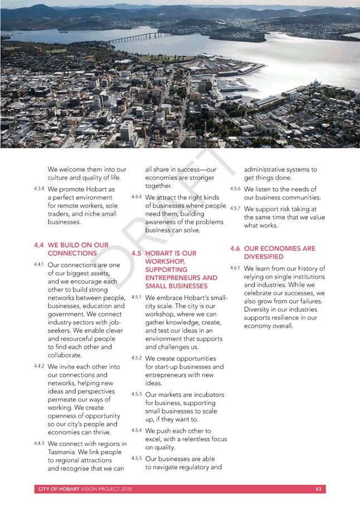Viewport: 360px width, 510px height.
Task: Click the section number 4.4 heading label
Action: point(38,245)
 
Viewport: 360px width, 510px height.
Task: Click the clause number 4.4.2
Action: point(39,366)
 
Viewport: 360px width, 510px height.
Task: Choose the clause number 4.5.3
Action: point(136,394)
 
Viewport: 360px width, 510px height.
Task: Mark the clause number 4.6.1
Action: point(235,268)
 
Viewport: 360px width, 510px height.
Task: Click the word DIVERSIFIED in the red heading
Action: point(264,257)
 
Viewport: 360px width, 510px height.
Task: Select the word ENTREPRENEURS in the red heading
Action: point(168,278)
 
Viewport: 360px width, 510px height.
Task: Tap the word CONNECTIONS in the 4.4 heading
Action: point(70,253)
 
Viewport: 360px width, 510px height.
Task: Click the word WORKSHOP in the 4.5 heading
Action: point(162,261)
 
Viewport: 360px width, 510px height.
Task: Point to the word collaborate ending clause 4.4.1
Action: point(65,355)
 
